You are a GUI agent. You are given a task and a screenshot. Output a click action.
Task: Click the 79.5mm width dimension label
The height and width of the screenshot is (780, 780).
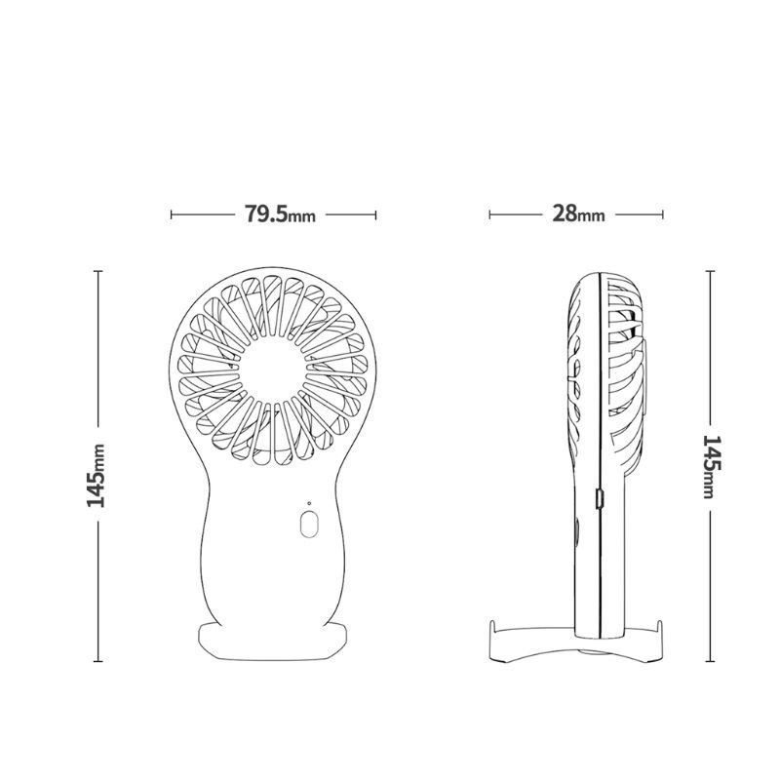280,214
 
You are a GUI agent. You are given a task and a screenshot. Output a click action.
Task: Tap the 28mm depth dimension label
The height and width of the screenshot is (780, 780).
578,214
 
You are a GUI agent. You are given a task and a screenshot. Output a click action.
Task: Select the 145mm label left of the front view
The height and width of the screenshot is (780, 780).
96,476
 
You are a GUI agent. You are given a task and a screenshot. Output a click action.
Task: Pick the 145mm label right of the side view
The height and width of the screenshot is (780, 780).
711,467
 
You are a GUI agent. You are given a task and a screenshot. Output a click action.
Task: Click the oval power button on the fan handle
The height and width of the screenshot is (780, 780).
309,524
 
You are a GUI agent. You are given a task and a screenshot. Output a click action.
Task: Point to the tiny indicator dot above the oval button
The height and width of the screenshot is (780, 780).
309,503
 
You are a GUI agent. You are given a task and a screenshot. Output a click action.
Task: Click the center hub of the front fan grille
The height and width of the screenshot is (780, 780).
273,370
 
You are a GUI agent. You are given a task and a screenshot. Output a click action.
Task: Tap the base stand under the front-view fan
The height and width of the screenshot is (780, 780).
273,642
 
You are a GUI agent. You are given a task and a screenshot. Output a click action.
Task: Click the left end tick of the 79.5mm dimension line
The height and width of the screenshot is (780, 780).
172,214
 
